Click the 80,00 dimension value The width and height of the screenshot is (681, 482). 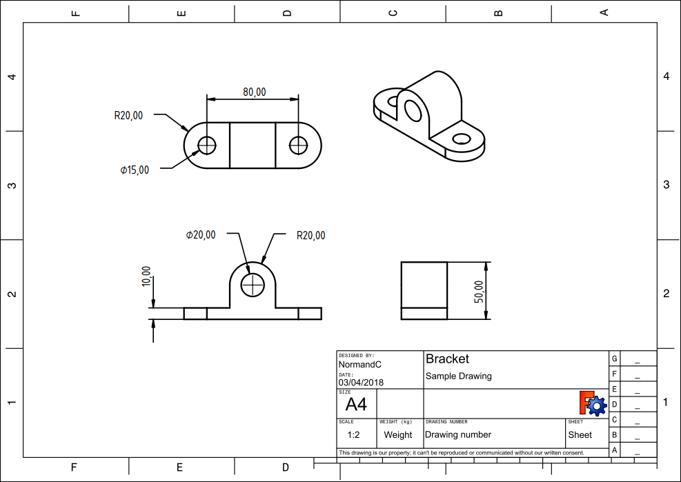click(254, 92)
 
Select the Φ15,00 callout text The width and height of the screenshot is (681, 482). click(135, 170)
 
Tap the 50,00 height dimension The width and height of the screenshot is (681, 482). click(479, 292)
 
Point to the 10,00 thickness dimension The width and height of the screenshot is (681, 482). click(146, 277)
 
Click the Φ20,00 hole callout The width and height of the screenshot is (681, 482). click(201, 235)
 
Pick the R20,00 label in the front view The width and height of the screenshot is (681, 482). click(311, 235)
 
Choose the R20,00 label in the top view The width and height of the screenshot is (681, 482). click(128, 116)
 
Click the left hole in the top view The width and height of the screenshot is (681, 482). click(207, 145)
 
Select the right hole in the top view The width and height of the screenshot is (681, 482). click(298, 145)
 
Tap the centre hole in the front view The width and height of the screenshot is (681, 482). click(253, 285)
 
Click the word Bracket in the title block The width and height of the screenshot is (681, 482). click(447, 359)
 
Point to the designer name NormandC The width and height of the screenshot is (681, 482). click(360, 365)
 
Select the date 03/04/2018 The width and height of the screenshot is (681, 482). click(362, 383)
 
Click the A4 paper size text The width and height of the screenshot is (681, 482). click(356, 404)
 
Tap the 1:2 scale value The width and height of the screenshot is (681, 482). click(353, 434)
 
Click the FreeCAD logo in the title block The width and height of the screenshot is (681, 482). click(593, 403)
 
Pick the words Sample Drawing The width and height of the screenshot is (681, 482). click(459, 376)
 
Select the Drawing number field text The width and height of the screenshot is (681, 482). click(458, 434)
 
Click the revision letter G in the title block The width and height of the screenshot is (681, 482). click(615, 359)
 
